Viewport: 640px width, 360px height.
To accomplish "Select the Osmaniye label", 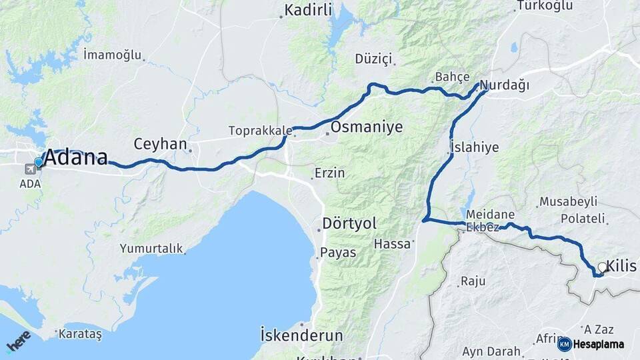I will tap(366, 127).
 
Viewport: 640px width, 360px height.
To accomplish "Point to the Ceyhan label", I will tap(160, 144).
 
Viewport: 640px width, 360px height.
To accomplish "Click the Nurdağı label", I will tap(505, 85).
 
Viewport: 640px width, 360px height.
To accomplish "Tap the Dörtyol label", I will tap(349, 223).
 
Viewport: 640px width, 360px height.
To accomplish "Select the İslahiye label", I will tap(474, 148).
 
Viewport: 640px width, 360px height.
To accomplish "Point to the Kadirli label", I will tap(308, 10).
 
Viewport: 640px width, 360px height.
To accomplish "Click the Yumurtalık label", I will tap(151, 249).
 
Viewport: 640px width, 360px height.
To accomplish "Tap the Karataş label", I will tap(80, 334).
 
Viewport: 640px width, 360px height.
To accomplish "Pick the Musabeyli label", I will tap(568, 201).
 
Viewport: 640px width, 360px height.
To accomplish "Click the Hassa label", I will tap(393, 244).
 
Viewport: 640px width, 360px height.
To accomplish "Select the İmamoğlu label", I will tap(113, 54).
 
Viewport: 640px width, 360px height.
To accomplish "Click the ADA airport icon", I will tap(30, 168).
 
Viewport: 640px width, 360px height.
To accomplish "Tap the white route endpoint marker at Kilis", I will tap(603, 267).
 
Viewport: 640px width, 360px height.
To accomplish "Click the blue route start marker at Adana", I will tap(39, 162).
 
